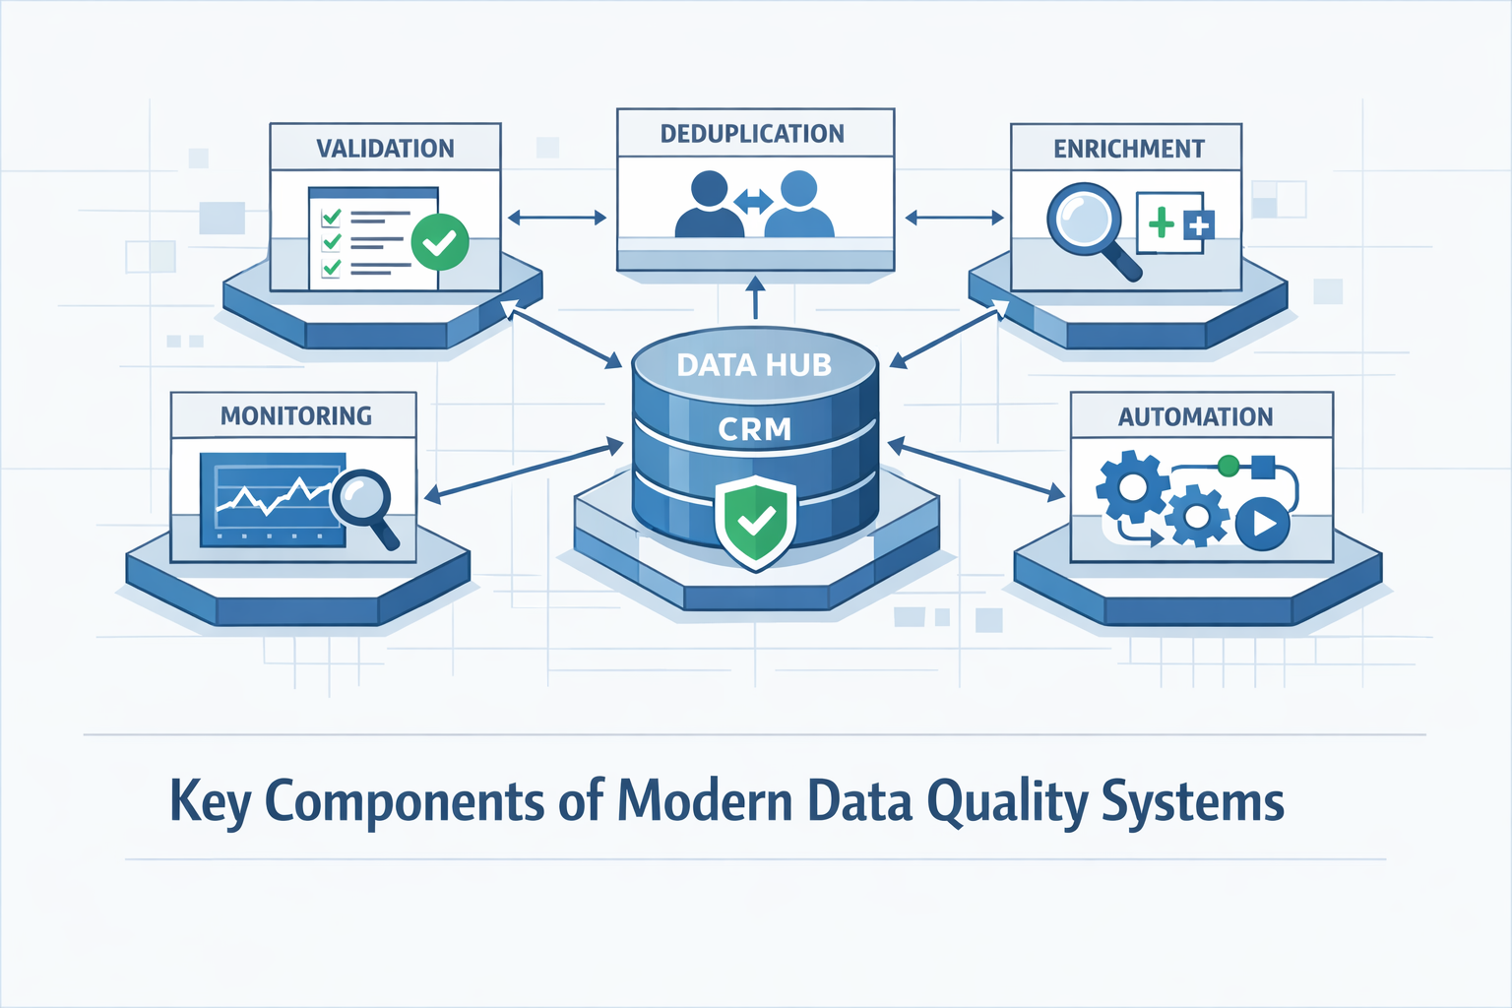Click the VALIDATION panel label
[385, 149]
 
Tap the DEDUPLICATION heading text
[752, 134]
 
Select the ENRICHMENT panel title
[1128, 149]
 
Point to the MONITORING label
[295, 416]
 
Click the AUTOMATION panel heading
[1195, 417]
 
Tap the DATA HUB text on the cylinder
[754, 365]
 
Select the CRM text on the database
[754, 429]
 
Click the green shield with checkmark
[755, 522]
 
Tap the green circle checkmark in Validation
[439, 242]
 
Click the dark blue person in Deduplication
[710, 205]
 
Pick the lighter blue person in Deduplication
[798, 205]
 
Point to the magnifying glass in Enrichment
[1087, 223]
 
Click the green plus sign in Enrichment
[1162, 223]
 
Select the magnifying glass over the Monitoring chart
[362, 502]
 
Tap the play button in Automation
[1262, 524]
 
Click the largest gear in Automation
[1132, 485]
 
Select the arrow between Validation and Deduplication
[556, 218]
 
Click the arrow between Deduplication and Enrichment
[954, 218]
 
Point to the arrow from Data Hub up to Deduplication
[755, 297]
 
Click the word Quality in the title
[1008, 802]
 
